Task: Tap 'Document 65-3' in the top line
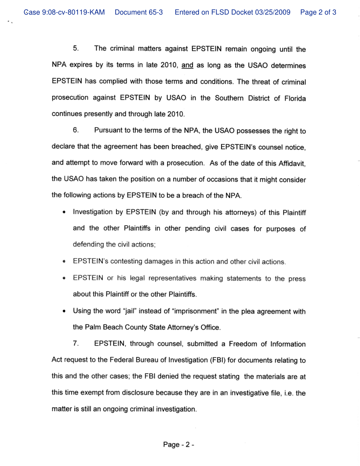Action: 139,12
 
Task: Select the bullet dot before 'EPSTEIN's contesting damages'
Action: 64,261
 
